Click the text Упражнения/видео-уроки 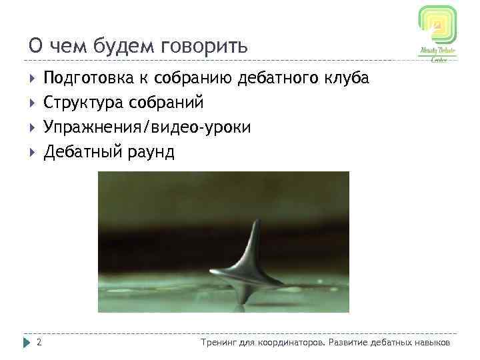pos(147,127)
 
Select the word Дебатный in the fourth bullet pos(82,152)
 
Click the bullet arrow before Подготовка pos(31,79)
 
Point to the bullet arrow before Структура pos(31,103)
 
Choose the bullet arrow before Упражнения pos(31,127)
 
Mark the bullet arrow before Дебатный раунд pos(31,152)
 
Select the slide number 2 pos(39,343)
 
